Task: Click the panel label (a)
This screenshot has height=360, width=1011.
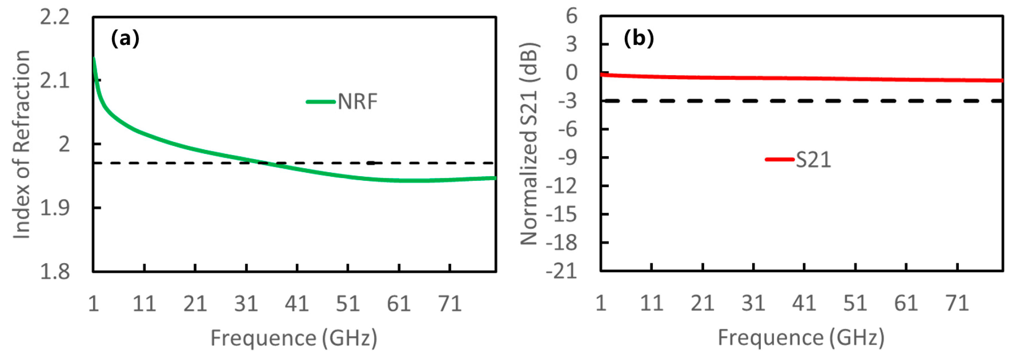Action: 125,39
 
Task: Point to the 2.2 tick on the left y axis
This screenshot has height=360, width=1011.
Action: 55,17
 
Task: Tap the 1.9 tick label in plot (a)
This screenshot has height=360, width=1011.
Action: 55,208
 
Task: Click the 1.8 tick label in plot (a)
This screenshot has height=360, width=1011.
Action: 55,272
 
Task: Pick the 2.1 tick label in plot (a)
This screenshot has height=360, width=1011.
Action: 55,81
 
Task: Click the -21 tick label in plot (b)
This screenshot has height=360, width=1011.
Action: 561,271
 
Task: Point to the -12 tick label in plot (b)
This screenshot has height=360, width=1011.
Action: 561,186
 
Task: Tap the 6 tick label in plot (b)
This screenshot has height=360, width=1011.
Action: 571,17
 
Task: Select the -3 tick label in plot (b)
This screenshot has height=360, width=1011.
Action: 567,101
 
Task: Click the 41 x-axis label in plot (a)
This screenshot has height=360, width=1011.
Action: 297,303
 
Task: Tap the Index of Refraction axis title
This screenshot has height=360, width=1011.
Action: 22,145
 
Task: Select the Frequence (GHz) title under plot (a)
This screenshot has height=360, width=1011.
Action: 293,338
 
